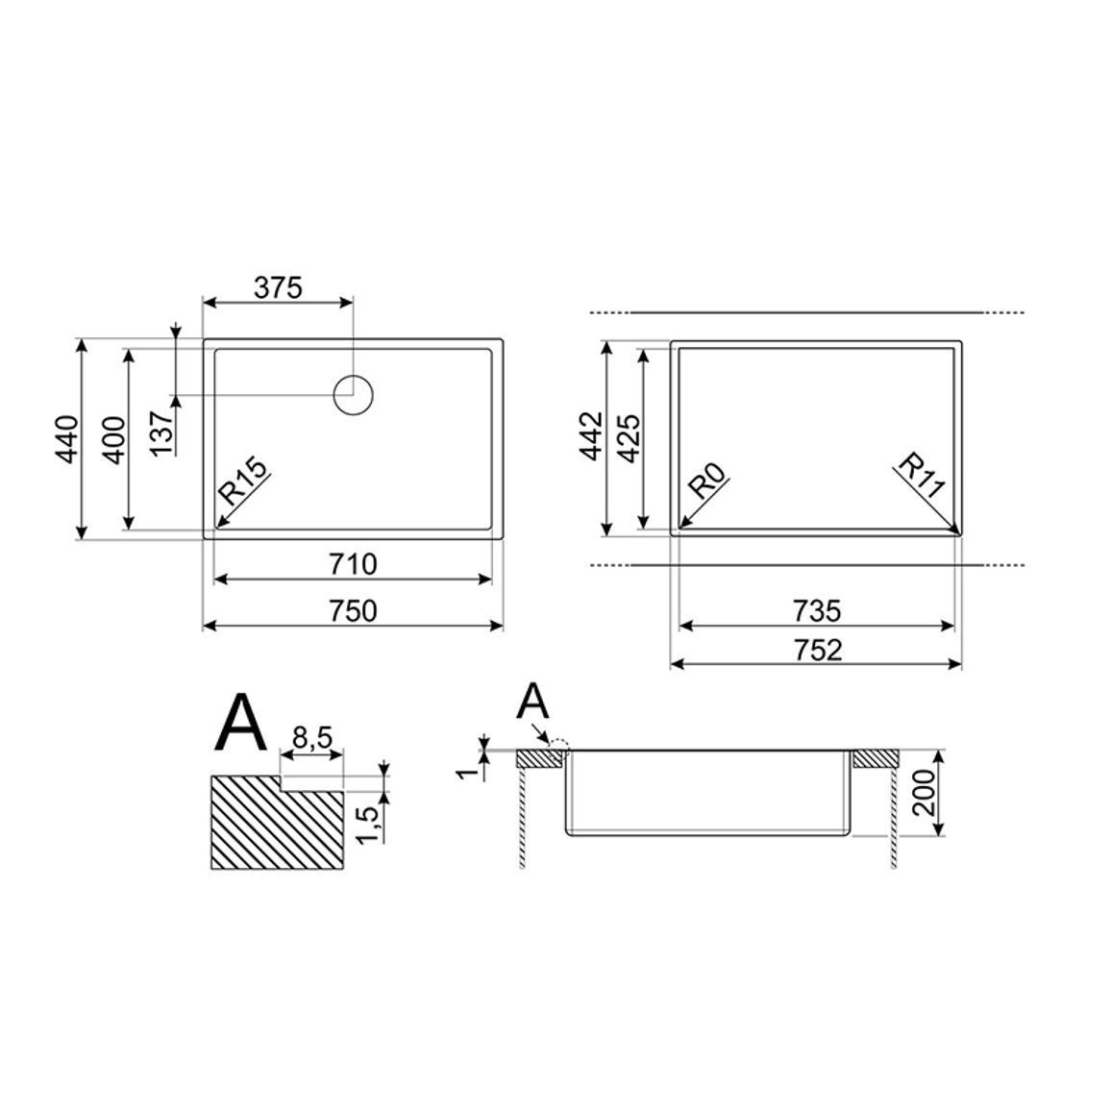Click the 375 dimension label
click(x=278, y=287)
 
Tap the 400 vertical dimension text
click(x=114, y=440)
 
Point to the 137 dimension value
click(x=162, y=433)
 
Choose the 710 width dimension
click(x=353, y=564)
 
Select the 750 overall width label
click(x=353, y=611)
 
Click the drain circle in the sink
click(x=353, y=395)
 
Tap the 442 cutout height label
click(x=592, y=435)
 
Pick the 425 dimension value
click(x=630, y=438)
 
